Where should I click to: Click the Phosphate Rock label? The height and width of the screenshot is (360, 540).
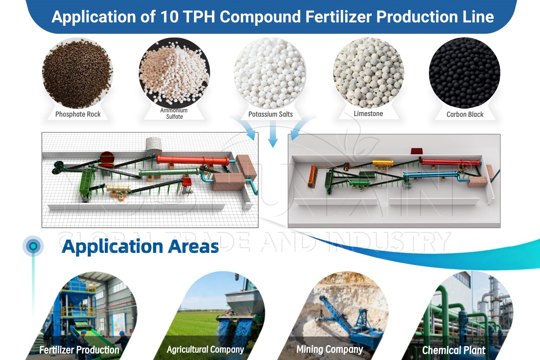[x=78, y=114]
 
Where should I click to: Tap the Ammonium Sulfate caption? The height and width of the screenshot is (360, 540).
[x=174, y=113]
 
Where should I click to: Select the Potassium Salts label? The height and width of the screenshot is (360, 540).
[x=270, y=114]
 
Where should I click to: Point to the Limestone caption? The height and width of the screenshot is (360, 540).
[x=368, y=114]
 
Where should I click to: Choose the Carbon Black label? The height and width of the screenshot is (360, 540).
[x=465, y=114]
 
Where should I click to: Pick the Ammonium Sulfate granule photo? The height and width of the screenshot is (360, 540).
[x=174, y=72]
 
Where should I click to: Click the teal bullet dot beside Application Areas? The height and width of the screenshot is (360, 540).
[x=33, y=246]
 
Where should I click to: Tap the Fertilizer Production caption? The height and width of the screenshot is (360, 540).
[x=79, y=350]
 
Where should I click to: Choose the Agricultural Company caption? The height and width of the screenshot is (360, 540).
[x=205, y=349]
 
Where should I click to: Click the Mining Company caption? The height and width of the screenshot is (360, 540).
[x=329, y=349]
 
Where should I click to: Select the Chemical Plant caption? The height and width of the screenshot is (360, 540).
[x=454, y=350]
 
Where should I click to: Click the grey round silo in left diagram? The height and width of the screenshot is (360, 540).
[x=154, y=145]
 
